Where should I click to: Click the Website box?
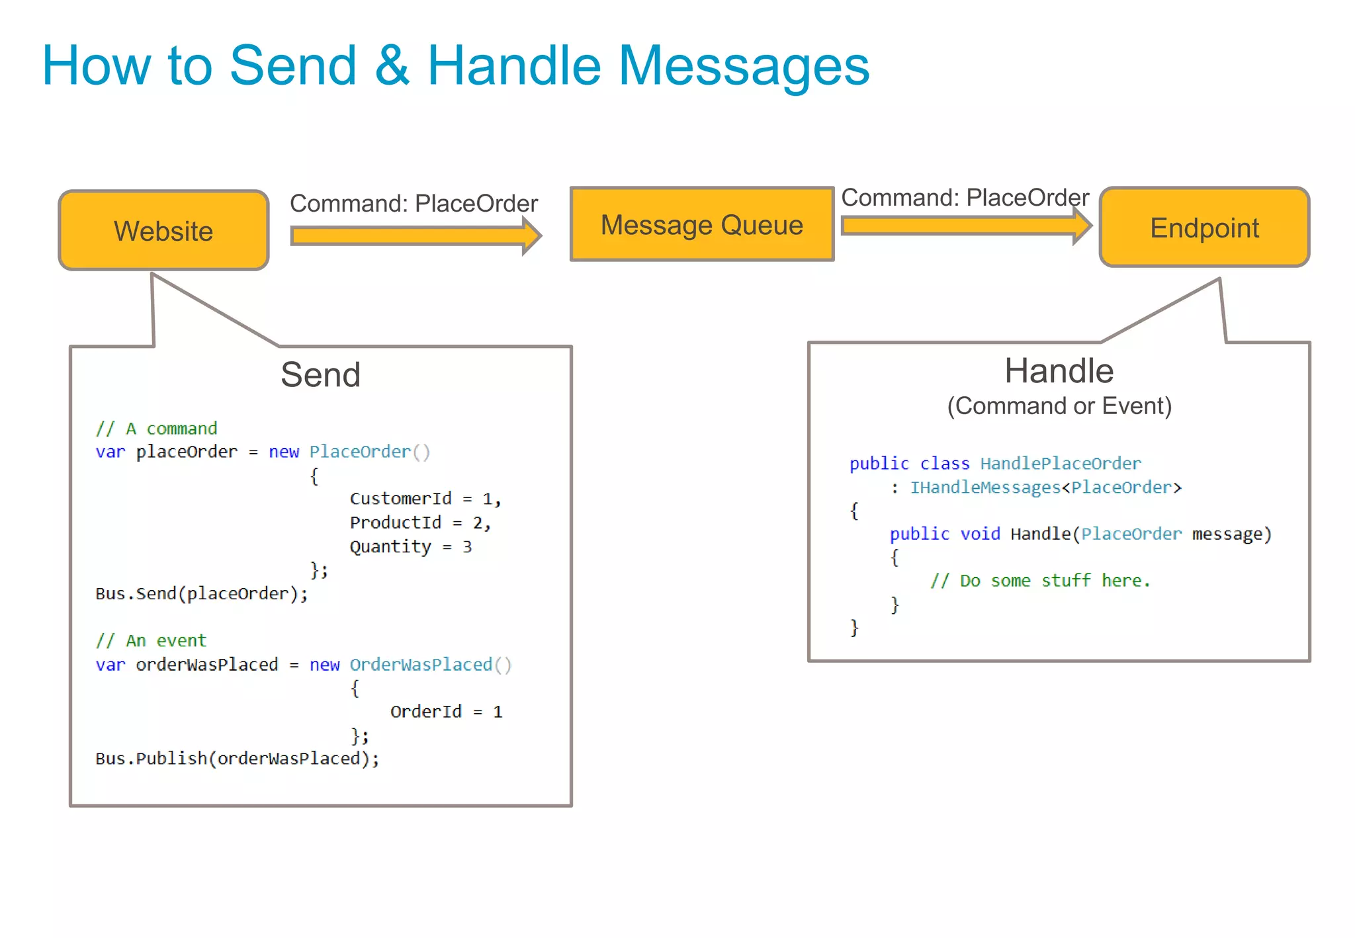(163, 231)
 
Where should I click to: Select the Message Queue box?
(701, 225)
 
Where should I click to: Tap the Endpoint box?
(1204, 228)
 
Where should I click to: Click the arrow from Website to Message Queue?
(415, 236)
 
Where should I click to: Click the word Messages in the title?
(744, 66)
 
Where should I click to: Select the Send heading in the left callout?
(320, 374)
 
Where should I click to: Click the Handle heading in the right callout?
(1059, 370)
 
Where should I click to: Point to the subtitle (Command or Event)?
(1059, 405)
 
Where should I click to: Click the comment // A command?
(156, 429)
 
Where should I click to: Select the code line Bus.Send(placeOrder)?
(201, 593)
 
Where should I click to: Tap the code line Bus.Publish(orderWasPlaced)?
(237, 758)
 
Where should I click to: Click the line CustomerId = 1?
(425, 499)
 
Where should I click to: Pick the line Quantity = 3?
(410, 546)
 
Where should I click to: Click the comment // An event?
(151, 640)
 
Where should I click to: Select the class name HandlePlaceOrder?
(1060, 463)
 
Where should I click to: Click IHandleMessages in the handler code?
(984, 488)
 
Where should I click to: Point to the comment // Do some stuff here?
(1040, 581)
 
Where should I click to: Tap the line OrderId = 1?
(446, 712)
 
